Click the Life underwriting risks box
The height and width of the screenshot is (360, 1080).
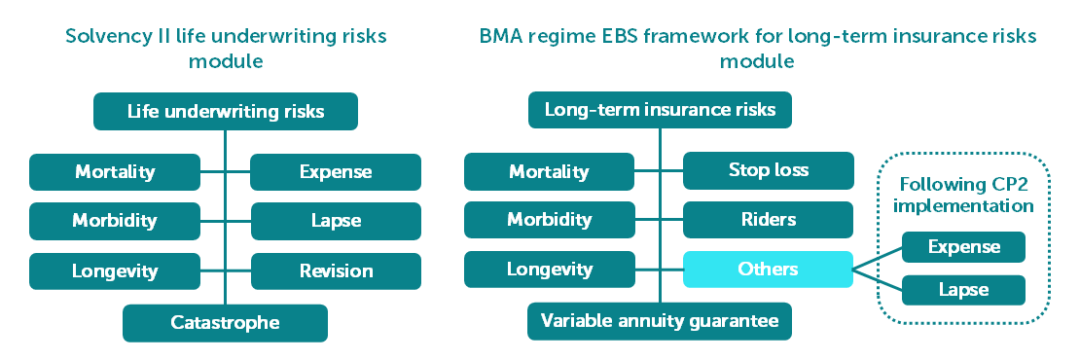tap(225, 111)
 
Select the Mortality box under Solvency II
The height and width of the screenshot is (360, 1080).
tap(115, 172)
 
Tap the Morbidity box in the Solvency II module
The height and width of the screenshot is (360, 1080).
tap(115, 221)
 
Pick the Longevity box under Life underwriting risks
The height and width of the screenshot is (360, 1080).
tap(115, 271)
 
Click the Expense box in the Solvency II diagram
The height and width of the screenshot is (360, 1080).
tap(336, 172)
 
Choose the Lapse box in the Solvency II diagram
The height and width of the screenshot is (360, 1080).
tap(336, 221)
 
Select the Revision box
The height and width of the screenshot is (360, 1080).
tap(336, 271)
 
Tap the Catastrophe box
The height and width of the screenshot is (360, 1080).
tap(225, 323)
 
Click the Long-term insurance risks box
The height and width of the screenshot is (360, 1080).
tap(660, 110)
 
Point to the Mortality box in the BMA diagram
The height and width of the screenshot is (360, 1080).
tap(549, 171)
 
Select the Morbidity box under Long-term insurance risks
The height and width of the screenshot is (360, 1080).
tap(549, 220)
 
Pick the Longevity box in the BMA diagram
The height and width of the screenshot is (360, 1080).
tap(549, 270)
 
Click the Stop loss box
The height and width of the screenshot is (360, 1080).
tap(768, 170)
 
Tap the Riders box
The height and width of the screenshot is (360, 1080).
tap(768, 220)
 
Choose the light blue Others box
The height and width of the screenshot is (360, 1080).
tap(768, 270)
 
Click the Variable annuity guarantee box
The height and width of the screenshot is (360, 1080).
tap(660, 321)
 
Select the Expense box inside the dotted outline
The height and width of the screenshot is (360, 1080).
tap(963, 247)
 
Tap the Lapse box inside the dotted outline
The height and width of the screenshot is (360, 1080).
tap(963, 290)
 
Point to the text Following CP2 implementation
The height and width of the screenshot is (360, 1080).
tap(966, 195)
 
